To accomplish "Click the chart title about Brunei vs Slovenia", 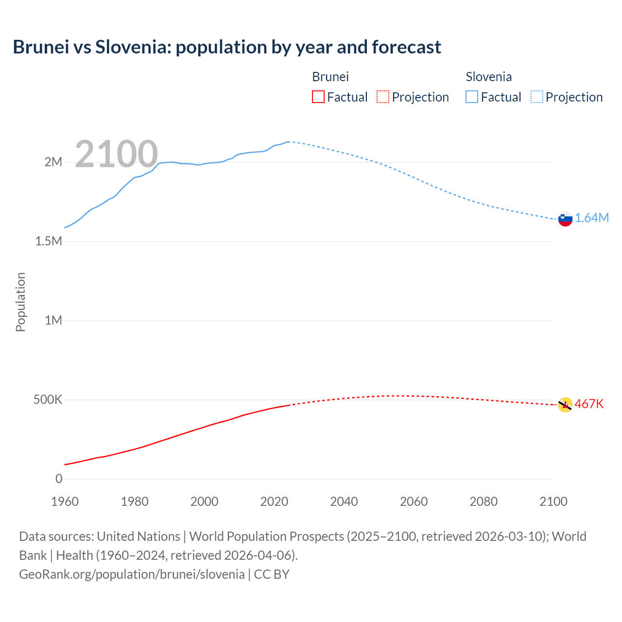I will coord(227,47).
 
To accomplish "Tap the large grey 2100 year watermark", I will coord(116,154).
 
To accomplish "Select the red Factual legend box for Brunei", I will coord(318,97).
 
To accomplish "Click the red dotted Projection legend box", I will coord(383,97).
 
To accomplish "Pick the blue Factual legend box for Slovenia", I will coord(471,97).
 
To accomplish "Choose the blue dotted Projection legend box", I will coord(536,97).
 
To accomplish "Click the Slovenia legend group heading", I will coord(488,77).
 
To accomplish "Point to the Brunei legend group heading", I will coord(330,77).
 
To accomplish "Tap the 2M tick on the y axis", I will coord(53,162).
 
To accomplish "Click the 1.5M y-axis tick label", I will coord(49,241).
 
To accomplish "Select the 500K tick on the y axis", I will coord(48,400).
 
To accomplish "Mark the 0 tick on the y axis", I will coord(59,479).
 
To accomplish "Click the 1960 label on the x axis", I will coord(65,501).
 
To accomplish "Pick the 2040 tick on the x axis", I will coord(344,501).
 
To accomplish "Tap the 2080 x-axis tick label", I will coord(484,501).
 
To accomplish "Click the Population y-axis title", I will coord(20,302).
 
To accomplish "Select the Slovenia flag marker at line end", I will coord(565,219).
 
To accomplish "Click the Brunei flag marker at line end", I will coord(565,405).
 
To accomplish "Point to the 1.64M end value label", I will coord(592,218).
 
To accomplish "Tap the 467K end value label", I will coord(589,404).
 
